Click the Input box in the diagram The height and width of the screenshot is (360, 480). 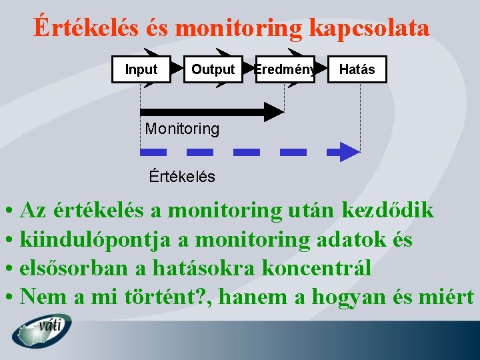coord(141,69)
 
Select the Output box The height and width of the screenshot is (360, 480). coord(213,69)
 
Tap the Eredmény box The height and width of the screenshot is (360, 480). coord(285,69)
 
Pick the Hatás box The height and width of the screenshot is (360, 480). coord(357,69)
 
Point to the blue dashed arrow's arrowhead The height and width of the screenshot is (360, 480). coord(349,151)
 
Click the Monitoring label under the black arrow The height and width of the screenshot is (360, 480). coord(182,129)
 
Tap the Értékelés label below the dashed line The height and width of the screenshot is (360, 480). coord(182,177)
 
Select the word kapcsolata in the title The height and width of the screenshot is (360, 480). coord(369,28)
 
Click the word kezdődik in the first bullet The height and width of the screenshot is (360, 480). coord(387,211)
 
